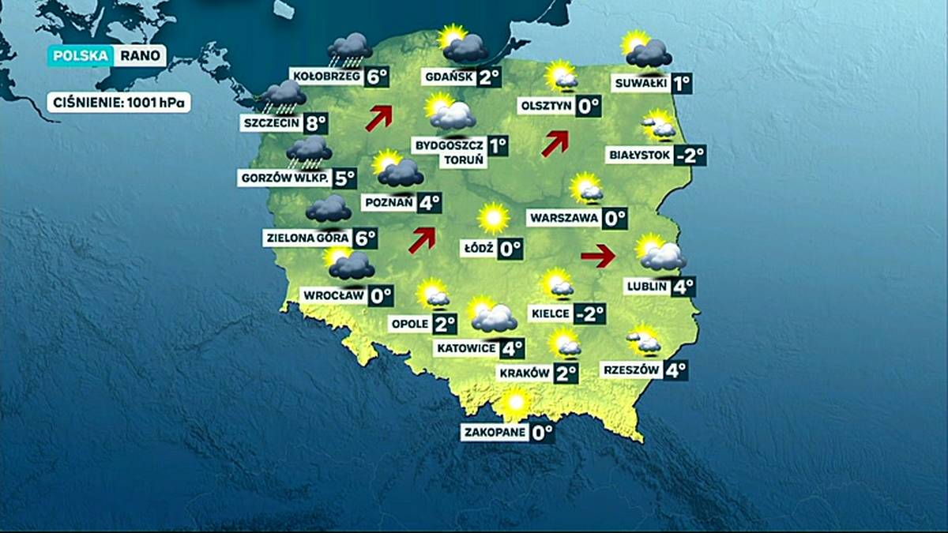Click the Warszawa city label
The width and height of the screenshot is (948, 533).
[565, 218]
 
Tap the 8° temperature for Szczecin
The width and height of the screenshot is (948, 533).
[315, 122]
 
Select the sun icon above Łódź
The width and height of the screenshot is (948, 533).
[494, 217]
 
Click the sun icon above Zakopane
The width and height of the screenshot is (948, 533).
[516, 402]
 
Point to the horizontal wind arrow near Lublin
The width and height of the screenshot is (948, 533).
[598, 255]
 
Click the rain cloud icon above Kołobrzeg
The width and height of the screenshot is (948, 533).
[349, 49]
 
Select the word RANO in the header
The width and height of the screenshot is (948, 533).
[141, 56]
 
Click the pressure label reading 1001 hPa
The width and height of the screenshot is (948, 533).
[118, 103]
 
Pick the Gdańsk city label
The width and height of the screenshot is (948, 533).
[449, 77]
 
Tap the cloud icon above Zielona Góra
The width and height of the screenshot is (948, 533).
[329, 209]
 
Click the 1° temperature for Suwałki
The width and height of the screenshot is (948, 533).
[682, 83]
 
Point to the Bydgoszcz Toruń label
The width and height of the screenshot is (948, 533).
[449, 152]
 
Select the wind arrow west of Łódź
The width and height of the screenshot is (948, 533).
[422, 239]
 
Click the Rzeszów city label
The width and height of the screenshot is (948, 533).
[630, 370]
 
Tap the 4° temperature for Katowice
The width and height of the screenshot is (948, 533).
[512, 347]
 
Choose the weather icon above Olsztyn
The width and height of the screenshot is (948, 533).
[561, 76]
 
